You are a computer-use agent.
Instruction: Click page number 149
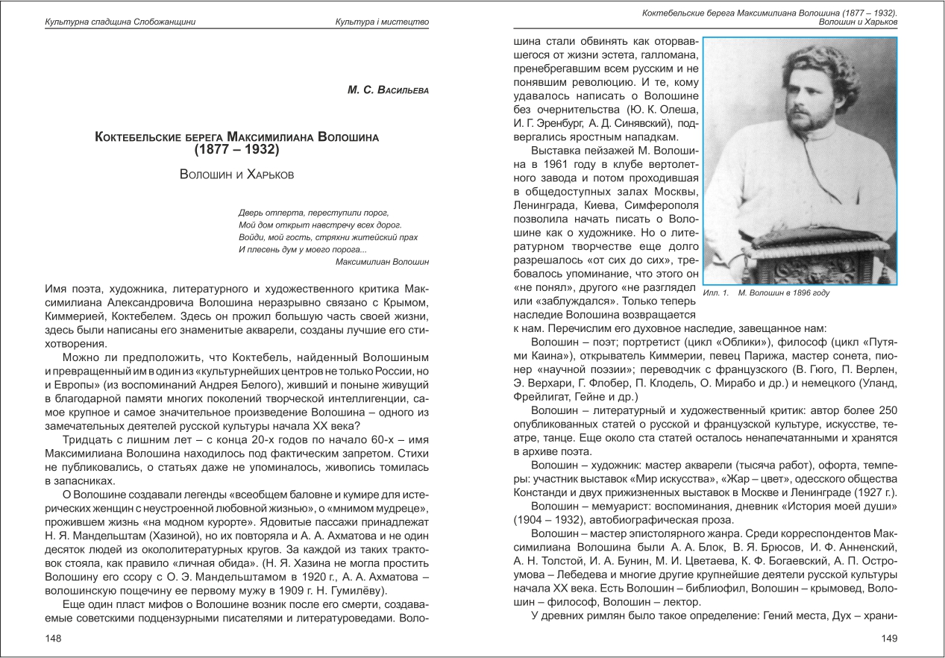[x=888, y=638]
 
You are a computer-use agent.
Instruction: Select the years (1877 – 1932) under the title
[x=236, y=150]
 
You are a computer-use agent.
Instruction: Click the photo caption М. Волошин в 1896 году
[x=783, y=293]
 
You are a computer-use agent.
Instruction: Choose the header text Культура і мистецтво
[x=382, y=22]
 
